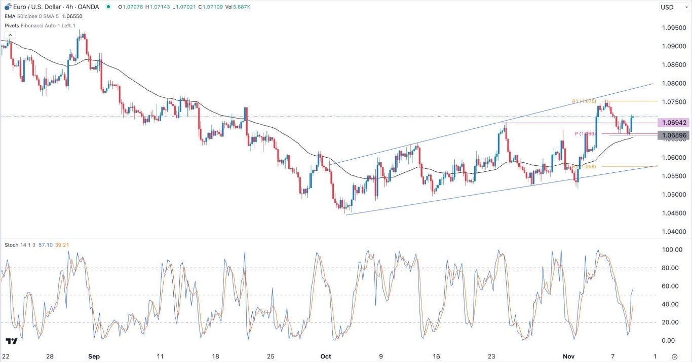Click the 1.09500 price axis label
pos(673,27)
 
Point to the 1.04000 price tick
pos(673,232)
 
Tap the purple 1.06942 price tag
pos(673,123)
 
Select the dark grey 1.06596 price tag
pos(673,135)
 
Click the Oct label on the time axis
pos(326,356)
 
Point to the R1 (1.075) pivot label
pos(584,101)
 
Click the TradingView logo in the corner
pos(12,342)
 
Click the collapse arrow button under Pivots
pos(11,34)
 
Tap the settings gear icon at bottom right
pos(674,356)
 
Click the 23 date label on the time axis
pos(491,356)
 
